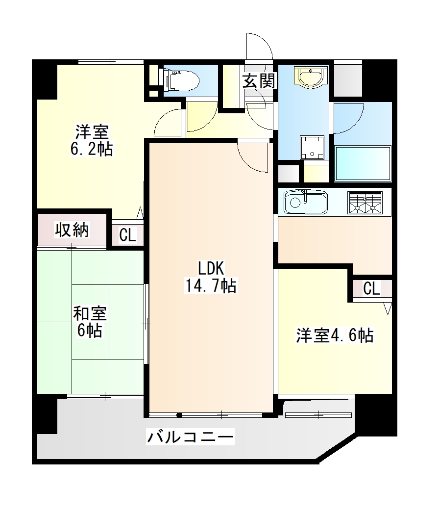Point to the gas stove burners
(365, 203)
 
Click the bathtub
(363, 163)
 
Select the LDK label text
(210, 268)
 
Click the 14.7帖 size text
(210, 285)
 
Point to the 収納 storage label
(72, 230)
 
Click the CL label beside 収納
(127, 235)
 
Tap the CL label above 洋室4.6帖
(371, 289)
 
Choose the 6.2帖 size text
(92, 149)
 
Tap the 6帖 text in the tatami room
(90, 331)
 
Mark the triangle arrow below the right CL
(388, 308)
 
